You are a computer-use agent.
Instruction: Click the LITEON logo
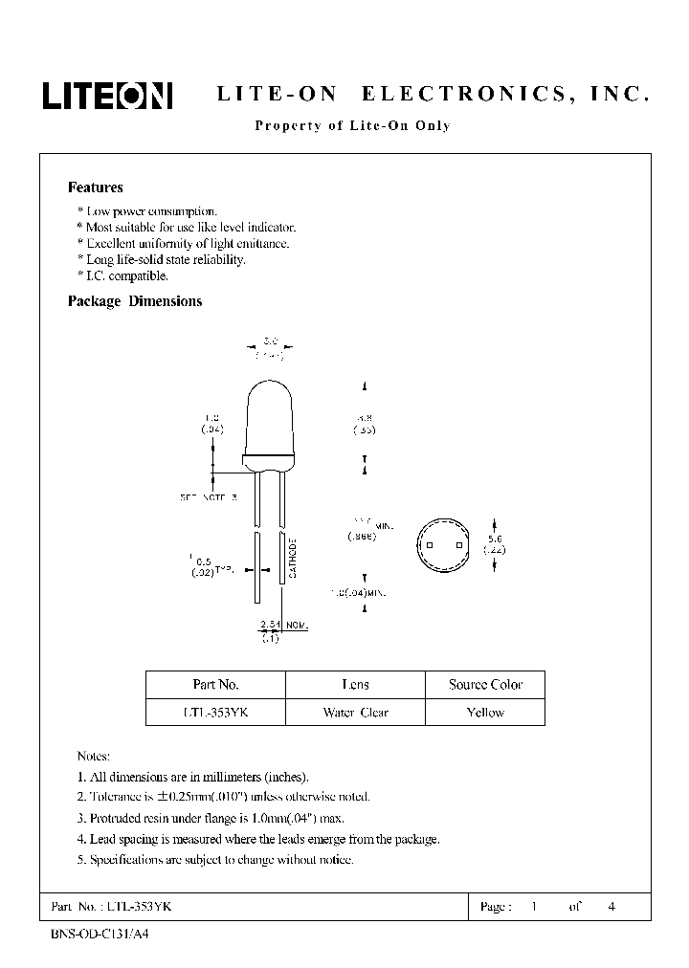coord(106,96)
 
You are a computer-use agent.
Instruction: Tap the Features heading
coord(96,188)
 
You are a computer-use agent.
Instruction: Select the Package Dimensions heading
coord(135,301)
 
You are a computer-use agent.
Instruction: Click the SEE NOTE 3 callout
coord(208,497)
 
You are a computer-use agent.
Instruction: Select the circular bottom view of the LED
coord(444,545)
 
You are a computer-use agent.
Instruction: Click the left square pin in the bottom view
coord(430,545)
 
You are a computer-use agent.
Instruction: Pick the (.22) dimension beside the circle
coord(494,550)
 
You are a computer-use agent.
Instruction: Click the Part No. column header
coord(215,685)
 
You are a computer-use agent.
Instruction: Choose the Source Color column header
coord(485,685)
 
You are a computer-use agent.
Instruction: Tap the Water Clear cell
coord(355,713)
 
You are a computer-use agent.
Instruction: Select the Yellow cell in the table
coord(485,713)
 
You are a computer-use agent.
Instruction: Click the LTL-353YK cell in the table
coord(215,713)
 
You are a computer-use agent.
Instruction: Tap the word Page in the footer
coord(494,906)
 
